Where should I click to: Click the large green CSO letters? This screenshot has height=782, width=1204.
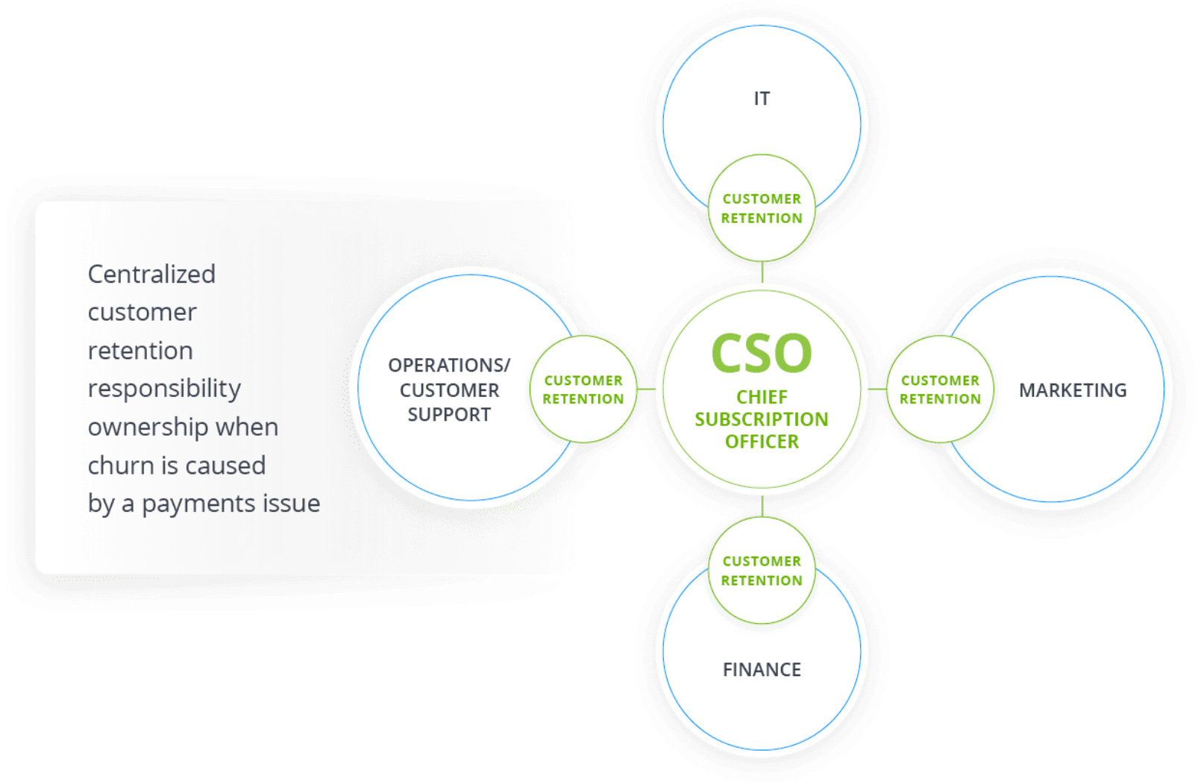pyautogui.click(x=761, y=353)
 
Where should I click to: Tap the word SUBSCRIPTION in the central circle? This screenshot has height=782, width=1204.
pyautogui.click(x=761, y=419)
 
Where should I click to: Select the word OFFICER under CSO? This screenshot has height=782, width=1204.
pyautogui.click(x=762, y=442)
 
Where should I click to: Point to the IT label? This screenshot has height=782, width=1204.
pyautogui.click(x=762, y=98)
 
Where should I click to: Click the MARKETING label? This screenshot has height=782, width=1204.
pyautogui.click(x=1073, y=390)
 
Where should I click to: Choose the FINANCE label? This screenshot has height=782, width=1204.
pyautogui.click(x=762, y=669)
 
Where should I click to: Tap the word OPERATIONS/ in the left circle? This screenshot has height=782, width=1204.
pyautogui.click(x=449, y=365)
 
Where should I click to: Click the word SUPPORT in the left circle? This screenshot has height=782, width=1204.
pyautogui.click(x=449, y=415)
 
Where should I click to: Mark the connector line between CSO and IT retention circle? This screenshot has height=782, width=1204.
pyautogui.click(x=762, y=272)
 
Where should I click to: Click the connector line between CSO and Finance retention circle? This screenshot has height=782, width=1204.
pyautogui.click(x=762, y=506)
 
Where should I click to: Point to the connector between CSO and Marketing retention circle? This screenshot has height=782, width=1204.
pyautogui.click(x=877, y=389)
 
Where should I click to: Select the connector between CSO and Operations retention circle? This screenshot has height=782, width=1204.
pyautogui.click(x=646, y=389)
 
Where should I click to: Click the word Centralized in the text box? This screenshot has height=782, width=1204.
pyautogui.click(x=151, y=275)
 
